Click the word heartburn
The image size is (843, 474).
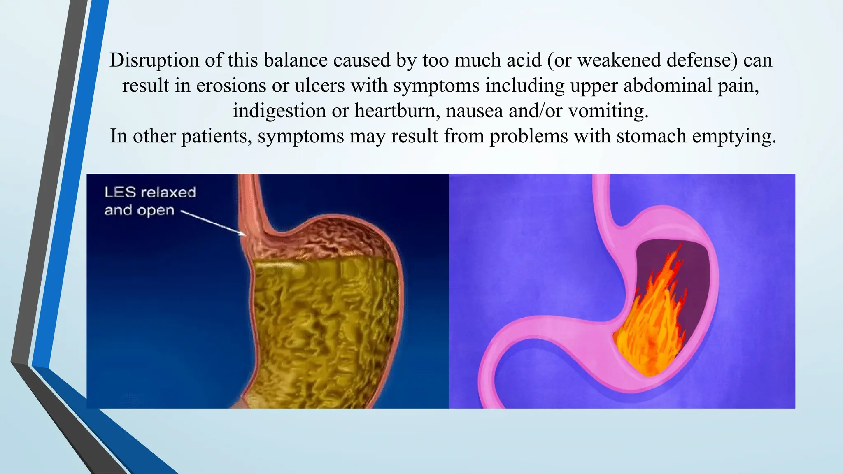click(x=397, y=111)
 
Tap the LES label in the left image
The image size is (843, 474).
click(x=120, y=193)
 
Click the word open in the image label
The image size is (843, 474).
click(x=156, y=211)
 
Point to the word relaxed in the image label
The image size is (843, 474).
click(x=168, y=193)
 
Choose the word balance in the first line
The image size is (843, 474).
click(x=296, y=60)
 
